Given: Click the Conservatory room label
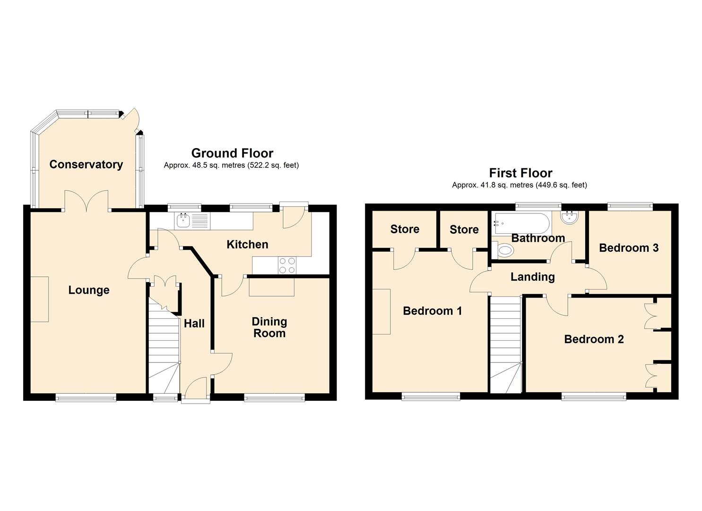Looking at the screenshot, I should pyautogui.click(x=86, y=164).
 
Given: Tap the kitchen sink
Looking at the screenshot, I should pyautogui.click(x=183, y=220).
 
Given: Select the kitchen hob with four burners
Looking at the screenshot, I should pyautogui.click(x=286, y=265).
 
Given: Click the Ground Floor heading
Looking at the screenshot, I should pyautogui.click(x=232, y=153).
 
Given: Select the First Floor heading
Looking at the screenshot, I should pyautogui.click(x=520, y=173).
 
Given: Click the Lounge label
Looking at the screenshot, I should pyautogui.click(x=89, y=290).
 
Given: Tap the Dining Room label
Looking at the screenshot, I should pyautogui.click(x=269, y=327).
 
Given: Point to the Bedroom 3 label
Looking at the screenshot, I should pyautogui.click(x=628, y=248).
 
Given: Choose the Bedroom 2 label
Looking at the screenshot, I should pyautogui.click(x=594, y=339).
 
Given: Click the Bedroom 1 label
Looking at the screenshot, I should pyautogui.click(x=432, y=311).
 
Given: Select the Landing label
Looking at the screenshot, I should pyautogui.click(x=532, y=277).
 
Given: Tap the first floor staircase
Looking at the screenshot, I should pyautogui.click(x=505, y=345).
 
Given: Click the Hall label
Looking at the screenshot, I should pyautogui.click(x=194, y=323).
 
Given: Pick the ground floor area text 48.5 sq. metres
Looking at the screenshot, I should pyautogui.click(x=231, y=165).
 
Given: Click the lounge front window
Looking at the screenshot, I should pyautogui.click(x=86, y=398).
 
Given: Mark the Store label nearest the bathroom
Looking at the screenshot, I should pyautogui.click(x=464, y=229).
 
